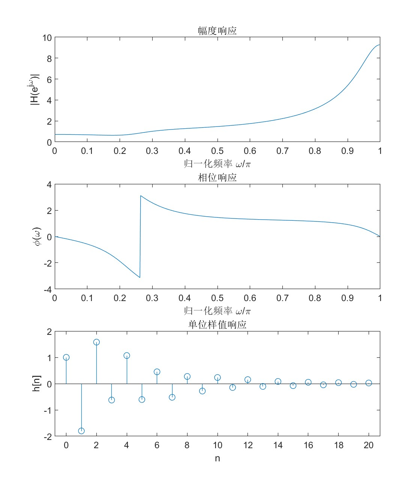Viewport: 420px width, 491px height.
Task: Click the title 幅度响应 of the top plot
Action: point(217,30)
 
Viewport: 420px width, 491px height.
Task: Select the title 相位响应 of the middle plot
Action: point(217,177)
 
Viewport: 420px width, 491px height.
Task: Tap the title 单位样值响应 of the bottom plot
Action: point(217,324)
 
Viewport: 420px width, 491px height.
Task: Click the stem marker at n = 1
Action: point(81,431)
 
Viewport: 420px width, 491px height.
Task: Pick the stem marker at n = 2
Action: point(96,342)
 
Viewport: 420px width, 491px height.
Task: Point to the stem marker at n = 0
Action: point(66,357)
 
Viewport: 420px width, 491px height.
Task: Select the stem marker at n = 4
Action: point(127,355)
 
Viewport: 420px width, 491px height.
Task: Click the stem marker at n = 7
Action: point(172,397)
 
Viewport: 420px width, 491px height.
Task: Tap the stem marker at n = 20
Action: point(369,383)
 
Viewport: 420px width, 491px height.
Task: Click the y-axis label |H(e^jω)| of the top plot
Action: point(34,89)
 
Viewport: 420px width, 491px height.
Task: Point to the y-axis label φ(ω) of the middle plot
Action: point(37,236)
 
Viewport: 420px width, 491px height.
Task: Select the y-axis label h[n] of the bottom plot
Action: point(36,383)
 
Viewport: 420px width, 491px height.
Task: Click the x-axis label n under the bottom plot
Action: point(217,458)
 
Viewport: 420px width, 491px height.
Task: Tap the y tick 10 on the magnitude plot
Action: point(47,38)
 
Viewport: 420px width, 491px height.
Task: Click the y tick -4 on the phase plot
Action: point(48,289)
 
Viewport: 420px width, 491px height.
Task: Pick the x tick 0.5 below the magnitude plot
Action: point(217,151)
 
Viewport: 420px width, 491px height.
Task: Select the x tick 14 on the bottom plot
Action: point(278,445)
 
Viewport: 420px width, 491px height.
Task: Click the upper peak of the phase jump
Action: point(141,196)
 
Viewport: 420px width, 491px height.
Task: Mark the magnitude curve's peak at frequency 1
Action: point(379,45)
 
